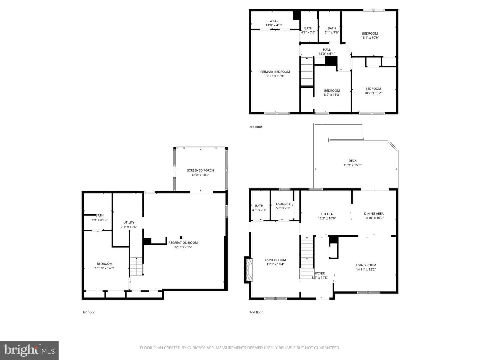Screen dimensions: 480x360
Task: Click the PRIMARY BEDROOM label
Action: [x=275, y=72]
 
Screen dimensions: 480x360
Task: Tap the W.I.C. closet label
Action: [x=274, y=21]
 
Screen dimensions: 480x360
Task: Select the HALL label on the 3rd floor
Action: [x=327, y=50]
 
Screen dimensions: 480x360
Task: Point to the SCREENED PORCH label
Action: [x=200, y=170]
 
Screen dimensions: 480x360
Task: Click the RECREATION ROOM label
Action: [x=183, y=243]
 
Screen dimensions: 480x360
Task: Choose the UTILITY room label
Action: [x=129, y=223]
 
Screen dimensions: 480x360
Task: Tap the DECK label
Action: [x=353, y=161]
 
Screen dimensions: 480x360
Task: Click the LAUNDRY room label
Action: [x=283, y=204]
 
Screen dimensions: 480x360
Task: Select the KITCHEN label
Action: [x=327, y=214]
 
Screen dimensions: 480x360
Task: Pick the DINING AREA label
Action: [x=374, y=214]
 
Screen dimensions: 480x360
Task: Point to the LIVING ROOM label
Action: [x=366, y=265]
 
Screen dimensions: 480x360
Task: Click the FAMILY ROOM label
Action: [x=275, y=260]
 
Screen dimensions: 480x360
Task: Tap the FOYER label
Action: [x=320, y=273]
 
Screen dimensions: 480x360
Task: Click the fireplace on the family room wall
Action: [x=249, y=270]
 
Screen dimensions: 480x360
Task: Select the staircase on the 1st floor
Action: [x=137, y=266]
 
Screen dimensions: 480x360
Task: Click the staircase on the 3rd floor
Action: [x=307, y=71]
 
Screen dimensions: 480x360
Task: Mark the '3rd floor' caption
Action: [x=256, y=127]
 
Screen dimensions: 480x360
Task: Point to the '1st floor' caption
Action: [x=88, y=312]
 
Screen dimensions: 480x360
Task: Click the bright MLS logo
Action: [x=29, y=350]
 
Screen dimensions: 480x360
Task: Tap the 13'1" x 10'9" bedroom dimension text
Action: [x=370, y=38]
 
